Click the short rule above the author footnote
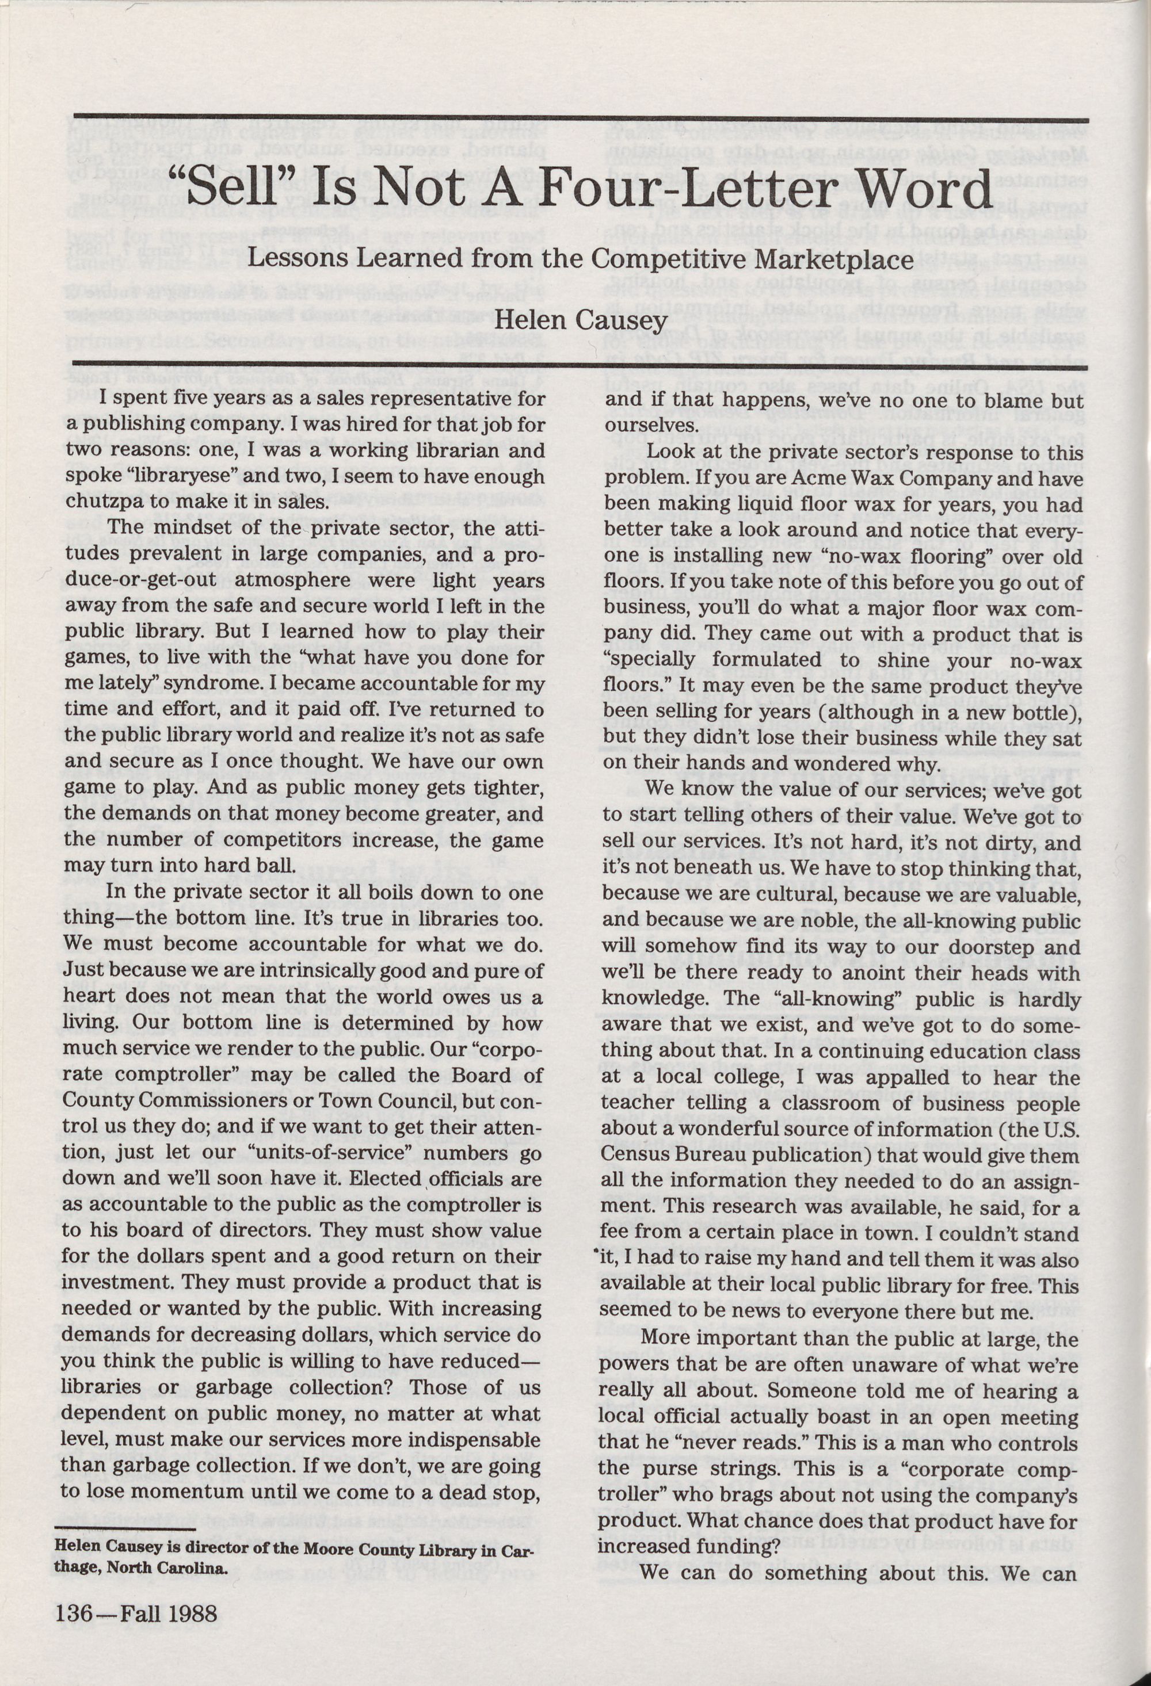[125, 1525]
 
